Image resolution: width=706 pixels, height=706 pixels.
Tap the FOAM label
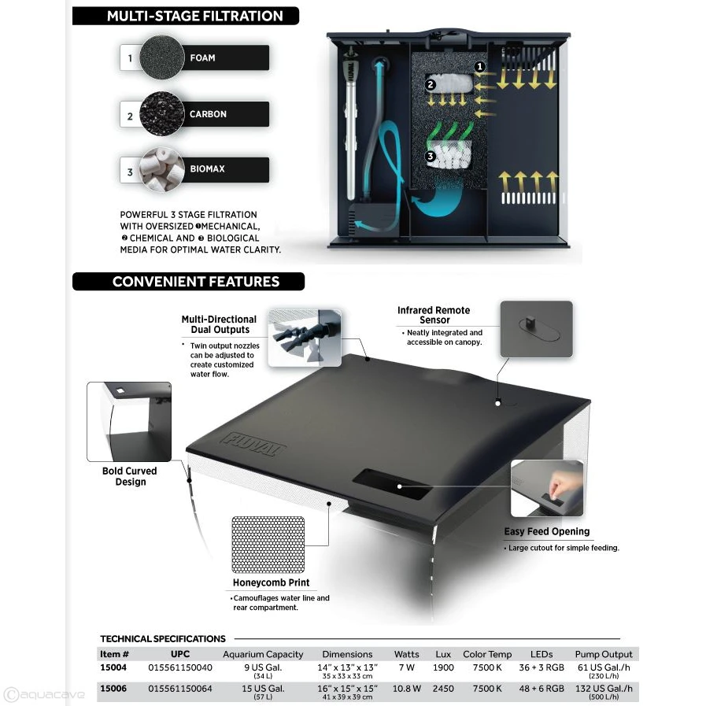(x=202, y=57)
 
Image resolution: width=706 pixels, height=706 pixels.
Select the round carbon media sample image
(x=161, y=114)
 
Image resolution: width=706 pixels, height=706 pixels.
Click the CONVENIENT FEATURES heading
(x=195, y=281)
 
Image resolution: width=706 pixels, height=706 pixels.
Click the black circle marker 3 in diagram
(x=430, y=157)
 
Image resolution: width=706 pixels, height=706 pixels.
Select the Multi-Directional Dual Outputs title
(x=219, y=324)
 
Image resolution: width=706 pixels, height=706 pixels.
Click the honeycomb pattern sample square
(x=268, y=544)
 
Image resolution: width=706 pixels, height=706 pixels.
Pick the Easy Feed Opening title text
(x=546, y=531)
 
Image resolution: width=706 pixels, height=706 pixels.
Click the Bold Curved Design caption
(x=130, y=476)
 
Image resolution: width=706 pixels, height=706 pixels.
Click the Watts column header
(x=406, y=654)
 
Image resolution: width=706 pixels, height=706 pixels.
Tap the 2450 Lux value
(x=443, y=688)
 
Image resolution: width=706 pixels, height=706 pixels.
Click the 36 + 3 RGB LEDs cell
(x=542, y=667)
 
